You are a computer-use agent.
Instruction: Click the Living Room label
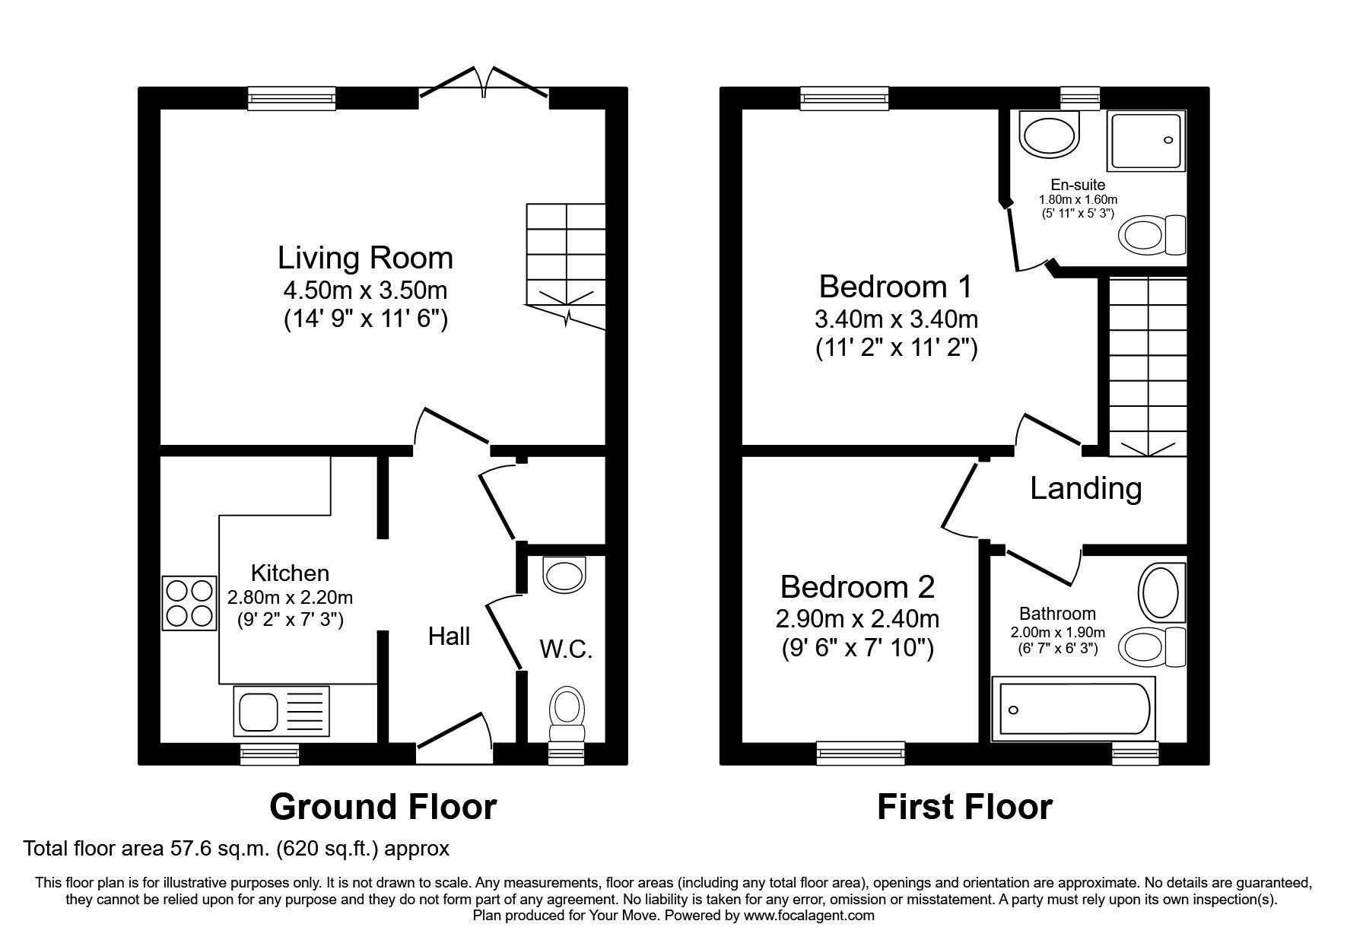pos(365,258)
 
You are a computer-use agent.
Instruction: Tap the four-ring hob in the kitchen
pos(189,604)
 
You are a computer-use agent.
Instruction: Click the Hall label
pos(449,636)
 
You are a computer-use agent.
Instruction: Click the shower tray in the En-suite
pos(1146,141)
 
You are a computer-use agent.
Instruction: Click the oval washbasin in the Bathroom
pos(1158,591)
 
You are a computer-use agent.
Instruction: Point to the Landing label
pos(1085,488)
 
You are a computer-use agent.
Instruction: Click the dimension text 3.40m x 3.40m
pos(896,318)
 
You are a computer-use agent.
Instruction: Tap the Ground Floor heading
pos(383,807)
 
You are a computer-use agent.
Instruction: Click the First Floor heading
pos(964,807)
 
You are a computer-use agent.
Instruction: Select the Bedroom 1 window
pos(844,98)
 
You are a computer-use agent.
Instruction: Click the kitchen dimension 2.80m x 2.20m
pos(290,598)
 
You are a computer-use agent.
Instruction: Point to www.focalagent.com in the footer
pos(809,916)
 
